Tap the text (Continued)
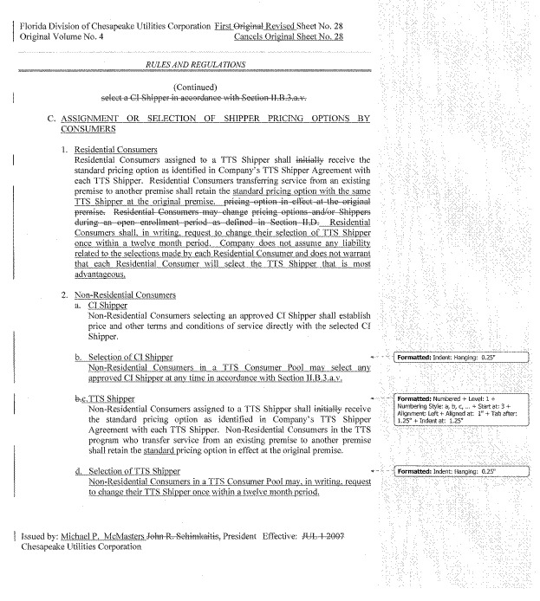point(195,87)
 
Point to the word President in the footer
point(242,537)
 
